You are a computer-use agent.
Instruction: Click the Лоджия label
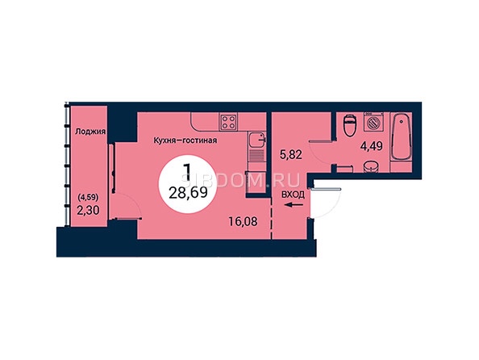click(90, 132)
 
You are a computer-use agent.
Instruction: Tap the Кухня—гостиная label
click(185, 140)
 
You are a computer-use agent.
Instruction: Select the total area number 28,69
click(188, 193)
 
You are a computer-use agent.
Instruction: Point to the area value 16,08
click(244, 221)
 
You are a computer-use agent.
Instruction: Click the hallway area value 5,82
click(291, 154)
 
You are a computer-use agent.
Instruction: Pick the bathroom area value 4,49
click(372, 146)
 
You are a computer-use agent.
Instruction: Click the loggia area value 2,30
click(88, 211)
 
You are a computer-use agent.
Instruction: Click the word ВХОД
click(293, 195)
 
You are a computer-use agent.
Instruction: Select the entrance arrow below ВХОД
click(294, 205)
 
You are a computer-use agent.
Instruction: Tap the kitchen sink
click(257, 140)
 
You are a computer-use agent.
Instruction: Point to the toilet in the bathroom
click(349, 125)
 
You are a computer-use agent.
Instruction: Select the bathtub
click(401, 137)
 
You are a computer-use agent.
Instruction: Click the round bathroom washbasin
click(371, 167)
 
